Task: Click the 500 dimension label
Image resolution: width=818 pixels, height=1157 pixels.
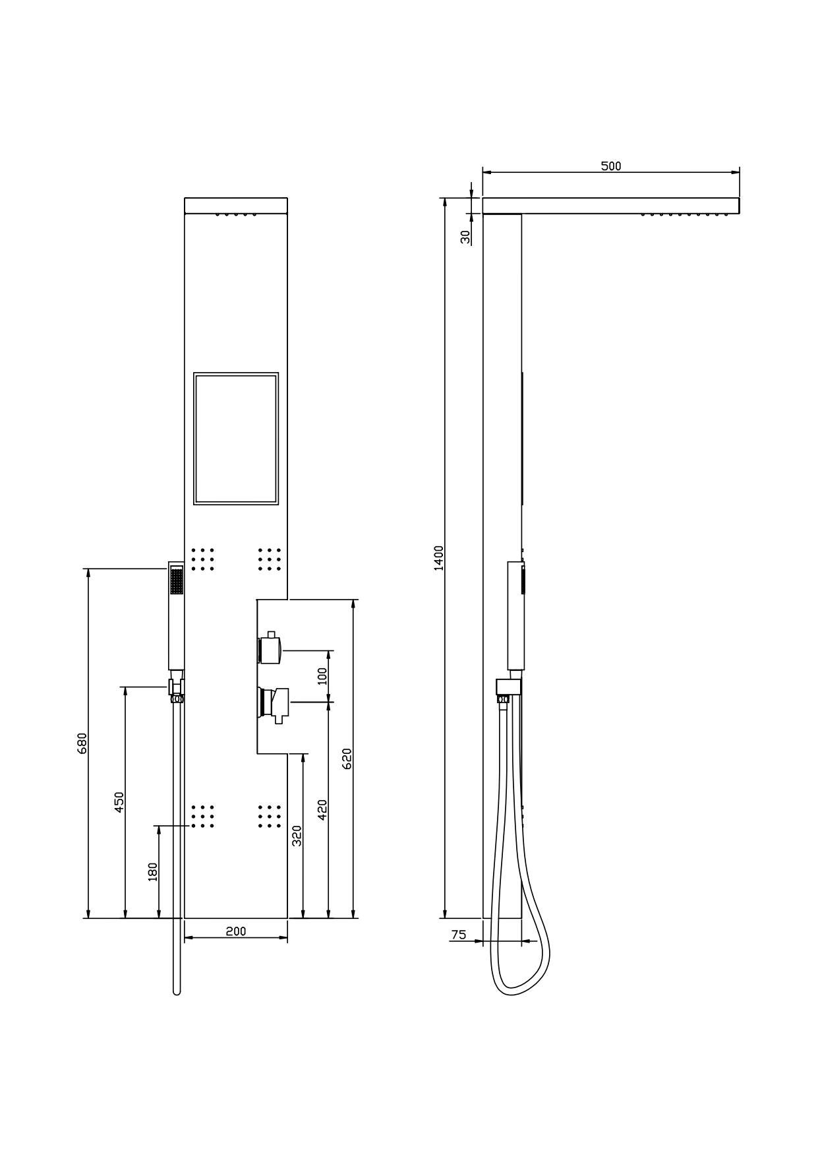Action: pos(610,166)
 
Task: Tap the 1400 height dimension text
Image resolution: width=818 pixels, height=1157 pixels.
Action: pos(439,558)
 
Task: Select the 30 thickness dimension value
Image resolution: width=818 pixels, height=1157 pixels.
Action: pos(466,236)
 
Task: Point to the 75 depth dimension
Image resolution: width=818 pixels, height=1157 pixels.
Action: pos(458,935)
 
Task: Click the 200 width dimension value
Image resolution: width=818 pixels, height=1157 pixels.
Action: pos(235,931)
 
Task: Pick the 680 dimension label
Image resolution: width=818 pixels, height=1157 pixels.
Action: pos(82,743)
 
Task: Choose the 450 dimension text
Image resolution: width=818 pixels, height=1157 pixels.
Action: pos(119,802)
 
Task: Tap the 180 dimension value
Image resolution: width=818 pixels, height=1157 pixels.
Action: pos(152,872)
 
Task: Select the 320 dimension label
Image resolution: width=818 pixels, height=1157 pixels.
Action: pos(297,836)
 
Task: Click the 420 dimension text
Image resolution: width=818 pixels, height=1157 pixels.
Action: pos(322,809)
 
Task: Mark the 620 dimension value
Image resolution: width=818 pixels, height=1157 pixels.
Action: pos(347,759)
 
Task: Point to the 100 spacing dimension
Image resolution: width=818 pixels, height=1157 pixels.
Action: pos(322,676)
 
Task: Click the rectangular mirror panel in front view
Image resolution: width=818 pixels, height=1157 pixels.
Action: pos(236,439)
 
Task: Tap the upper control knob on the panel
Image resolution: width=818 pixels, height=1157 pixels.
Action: pos(271,650)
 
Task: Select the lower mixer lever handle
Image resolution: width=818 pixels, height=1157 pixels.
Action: pos(276,703)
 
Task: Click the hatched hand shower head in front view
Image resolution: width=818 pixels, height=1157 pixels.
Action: pos(176,581)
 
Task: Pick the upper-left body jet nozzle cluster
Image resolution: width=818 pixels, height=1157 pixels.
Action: pos(202,559)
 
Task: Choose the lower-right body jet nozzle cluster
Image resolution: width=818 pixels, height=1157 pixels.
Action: pos(270,816)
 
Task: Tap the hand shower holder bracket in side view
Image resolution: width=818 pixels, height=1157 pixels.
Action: pos(508,687)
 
